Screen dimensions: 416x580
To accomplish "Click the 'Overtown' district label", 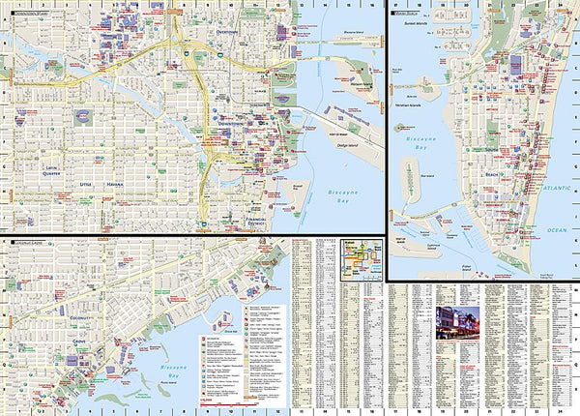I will click(x=226, y=33).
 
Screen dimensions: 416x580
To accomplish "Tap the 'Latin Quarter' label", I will click(x=51, y=172).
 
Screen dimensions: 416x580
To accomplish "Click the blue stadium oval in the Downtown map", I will click(x=83, y=117).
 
